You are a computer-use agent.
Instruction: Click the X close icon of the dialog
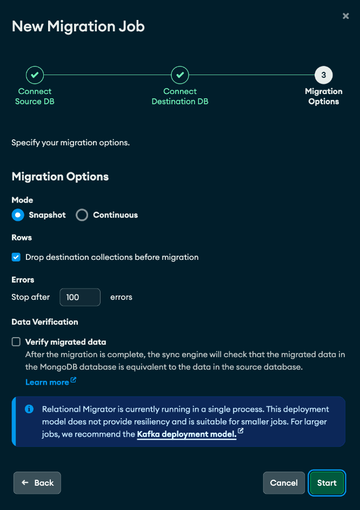pyautogui.click(x=346, y=16)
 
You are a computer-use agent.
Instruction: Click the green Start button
pyautogui.click(x=326, y=482)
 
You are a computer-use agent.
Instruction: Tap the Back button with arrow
pyautogui.click(x=37, y=482)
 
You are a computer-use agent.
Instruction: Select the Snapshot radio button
pyautogui.click(x=18, y=215)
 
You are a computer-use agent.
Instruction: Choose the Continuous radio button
pyautogui.click(x=82, y=215)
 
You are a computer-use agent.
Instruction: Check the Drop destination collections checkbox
pyautogui.click(x=16, y=257)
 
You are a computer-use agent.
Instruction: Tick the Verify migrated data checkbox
pyautogui.click(x=16, y=341)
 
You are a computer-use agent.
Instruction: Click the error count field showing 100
pyautogui.click(x=79, y=297)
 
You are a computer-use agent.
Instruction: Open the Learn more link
pyautogui.click(x=47, y=382)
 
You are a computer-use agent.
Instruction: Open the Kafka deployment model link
pyautogui.click(x=186, y=434)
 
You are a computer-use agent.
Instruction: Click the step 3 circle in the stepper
pyautogui.click(x=323, y=75)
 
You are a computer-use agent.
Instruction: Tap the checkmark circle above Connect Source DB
pyautogui.click(x=35, y=75)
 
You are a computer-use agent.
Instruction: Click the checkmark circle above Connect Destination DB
pyautogui.click(x=179, y=75)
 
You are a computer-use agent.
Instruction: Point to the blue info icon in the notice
pyautogui.click(x=30, y=409)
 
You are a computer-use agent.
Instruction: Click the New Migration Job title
pyautogui.click(x=78, y=26)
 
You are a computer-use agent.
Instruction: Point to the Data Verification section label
pyautogui.click(x=45, y=321)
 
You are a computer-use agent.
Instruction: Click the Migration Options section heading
pyautogui.click(x=60, y=177)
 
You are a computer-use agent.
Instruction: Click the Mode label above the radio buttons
pyautogui.click(x=22, y=200)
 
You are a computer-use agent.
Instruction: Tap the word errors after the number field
pyautogui.click(x=121, y=297)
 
